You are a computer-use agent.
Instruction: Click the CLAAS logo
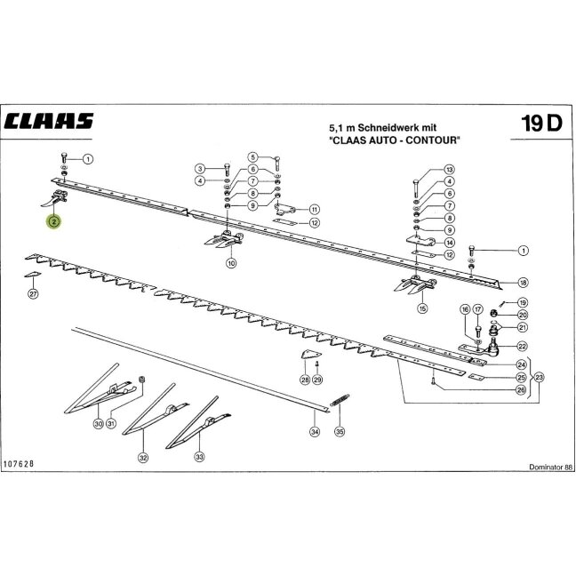coord(49,121)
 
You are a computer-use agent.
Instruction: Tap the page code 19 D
coord(541,123)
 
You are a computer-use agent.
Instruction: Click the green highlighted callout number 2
coord(54,221)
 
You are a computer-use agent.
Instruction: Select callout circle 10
coord(231,263)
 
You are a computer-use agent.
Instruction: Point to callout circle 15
coord(422,308)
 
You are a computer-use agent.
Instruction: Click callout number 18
coord(523,283)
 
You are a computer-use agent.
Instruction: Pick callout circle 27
coord(34,294)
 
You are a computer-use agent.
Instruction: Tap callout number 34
coord(315,432)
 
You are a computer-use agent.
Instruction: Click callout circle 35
coord(340,431)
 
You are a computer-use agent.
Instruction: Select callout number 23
coord(539,377)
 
